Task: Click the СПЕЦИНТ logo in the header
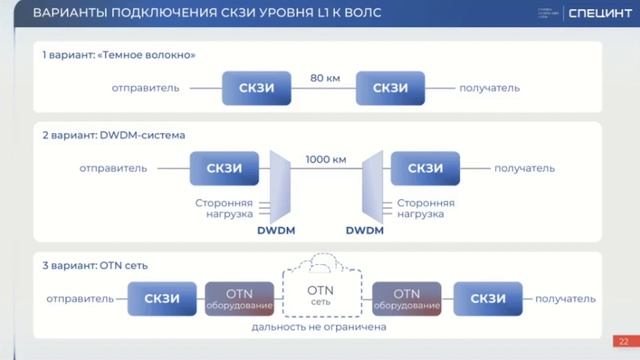[x=598, y=14]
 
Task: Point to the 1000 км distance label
[x=326, y=158]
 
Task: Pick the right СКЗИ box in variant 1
[x=390, y=88]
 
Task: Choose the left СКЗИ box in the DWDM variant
[x=222, y=168]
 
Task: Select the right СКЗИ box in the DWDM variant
[x=425, y=168]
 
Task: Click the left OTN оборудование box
[x=238, y=298]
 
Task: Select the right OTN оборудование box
[x=406, y=298]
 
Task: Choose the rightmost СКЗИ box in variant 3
[x=487, y=298]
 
